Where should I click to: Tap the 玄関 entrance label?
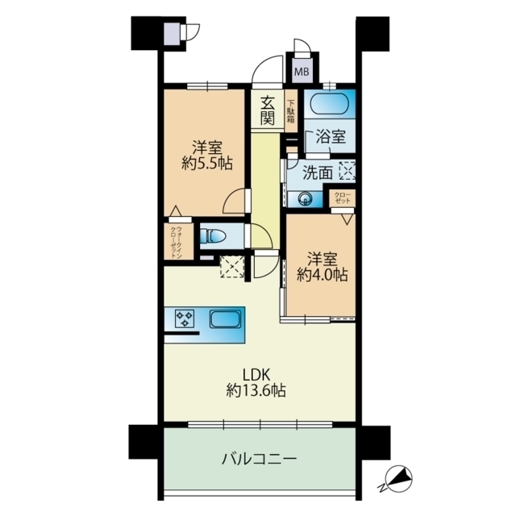tap(268, 110)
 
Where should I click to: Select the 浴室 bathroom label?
tap(331, 137)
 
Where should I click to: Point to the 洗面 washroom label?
tap(318, 171)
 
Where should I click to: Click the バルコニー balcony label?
tap(260, 460)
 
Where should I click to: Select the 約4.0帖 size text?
tap(322, 274)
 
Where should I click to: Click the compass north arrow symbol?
tap(396, 481)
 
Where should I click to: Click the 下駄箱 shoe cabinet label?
tap(290, 110)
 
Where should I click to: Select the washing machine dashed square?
tap(347, 170)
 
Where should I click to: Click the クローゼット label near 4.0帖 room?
tap(343, 198)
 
